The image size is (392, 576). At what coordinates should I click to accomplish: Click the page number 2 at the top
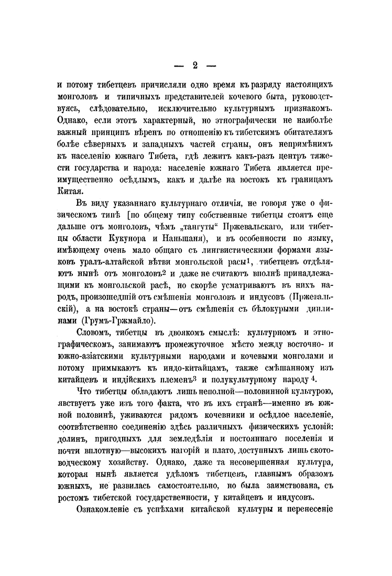click(195, 65)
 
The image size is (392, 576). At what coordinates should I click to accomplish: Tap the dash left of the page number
click(179, 66)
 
